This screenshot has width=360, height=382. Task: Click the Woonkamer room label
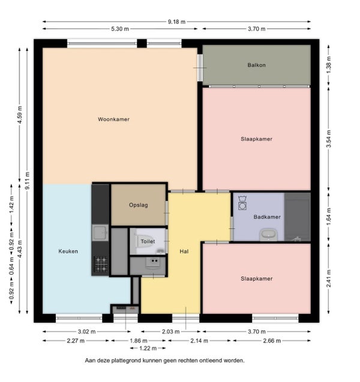pyautogui.click(x=113, y=119)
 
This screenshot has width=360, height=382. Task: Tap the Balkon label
pyautogui.click(x=256, y=65)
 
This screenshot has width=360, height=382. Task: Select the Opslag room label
pyautogui.click(x=138, y=205)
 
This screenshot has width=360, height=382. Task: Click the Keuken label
pyautogui.click(x=68, y=251)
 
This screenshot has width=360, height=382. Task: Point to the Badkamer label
pyautogui.click(x=267, y=217)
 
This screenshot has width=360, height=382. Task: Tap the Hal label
pyautogui.click(x=184, y=251)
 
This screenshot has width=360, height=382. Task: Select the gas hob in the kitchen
pyautogui.click(x=101, y=264)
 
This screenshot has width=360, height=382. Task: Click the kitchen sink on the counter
pyautogui.click(x=100, y=233)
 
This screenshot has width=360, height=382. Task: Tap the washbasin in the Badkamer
pyautogui.click(x=268, y=234)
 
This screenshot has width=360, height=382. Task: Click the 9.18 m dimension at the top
pyautogui.click(x=176, y=22)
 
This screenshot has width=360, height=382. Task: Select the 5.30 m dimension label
pyautogui.click(x=120, y=29)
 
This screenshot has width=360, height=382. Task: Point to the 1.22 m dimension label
pyautogui.click(x=148, y=348)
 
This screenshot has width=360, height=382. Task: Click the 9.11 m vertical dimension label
pyautogui.click(x=27, y=181)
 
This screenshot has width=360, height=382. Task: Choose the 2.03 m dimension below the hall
pyautogui.click(x=170, y=332)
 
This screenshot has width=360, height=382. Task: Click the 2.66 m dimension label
pyautogui.click(x=272, y=341)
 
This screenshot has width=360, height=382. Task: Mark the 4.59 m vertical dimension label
pyautogui.click(x=20, y=115)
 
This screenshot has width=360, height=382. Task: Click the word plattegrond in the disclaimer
pyautogui.click(x=126, y=360)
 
